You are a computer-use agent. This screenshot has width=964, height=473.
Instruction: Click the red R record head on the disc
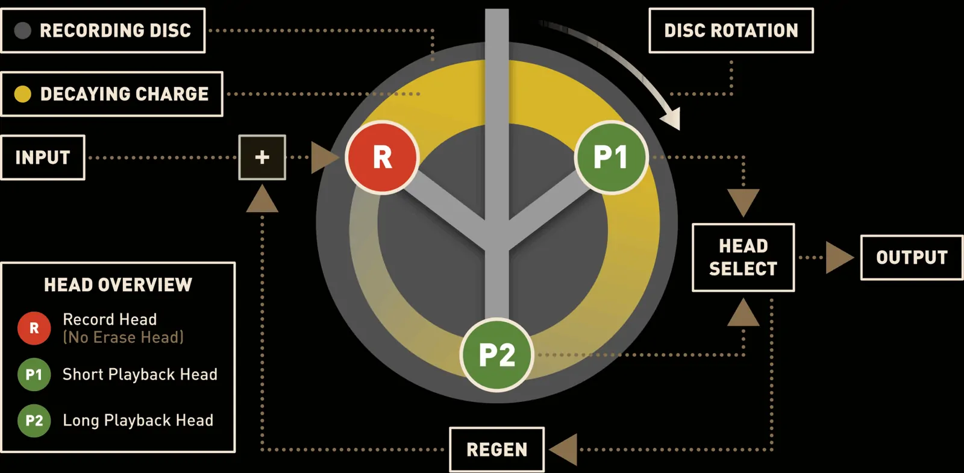click(x=382, y=157)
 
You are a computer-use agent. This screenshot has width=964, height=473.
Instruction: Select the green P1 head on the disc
click(x=611, y=157)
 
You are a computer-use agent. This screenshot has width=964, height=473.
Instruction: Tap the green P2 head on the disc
click(x=496, y=355)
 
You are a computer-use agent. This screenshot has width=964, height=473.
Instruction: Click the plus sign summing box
click(x=262, y=157)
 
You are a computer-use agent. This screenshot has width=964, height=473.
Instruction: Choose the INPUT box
click(x=43, y=157)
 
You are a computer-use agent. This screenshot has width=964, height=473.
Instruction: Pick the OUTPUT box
click(x=912, y=257)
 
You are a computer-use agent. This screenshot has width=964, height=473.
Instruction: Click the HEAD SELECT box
click(x=743, y=257)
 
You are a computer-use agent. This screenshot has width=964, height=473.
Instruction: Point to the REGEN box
click(x=496, y=450)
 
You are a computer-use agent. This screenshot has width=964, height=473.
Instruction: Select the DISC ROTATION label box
click(x=731, y=31)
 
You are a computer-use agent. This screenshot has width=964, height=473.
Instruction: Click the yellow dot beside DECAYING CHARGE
click(x=23, y=94)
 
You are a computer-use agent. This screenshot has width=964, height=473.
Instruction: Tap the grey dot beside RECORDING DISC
click(x=23, y=31)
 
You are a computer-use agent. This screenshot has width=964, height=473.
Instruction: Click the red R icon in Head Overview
click(x=34, y=328)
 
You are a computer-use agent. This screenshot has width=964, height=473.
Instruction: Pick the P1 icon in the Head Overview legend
click(x=34, y=375)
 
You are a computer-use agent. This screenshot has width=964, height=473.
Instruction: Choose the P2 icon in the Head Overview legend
click(x=34, y=421)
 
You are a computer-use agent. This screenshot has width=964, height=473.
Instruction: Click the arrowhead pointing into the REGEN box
click(x=563, y=450)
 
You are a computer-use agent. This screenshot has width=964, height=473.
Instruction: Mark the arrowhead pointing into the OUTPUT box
click(x=839, y=257)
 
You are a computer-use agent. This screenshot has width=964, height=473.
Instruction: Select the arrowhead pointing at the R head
click(x=324, y=157)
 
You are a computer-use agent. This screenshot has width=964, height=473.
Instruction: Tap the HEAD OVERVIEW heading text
click(x=118, y=285)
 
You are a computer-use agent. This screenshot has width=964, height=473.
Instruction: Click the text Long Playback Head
click(x=138, y=421)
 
